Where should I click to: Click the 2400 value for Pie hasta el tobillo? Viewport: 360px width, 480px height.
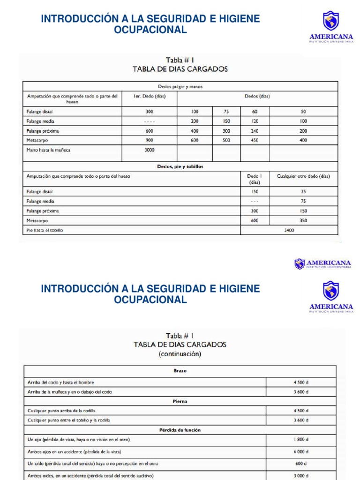click(289, 230)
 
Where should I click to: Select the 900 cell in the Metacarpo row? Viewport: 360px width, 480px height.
click(150, 140)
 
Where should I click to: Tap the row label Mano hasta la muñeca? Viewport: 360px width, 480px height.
click(48, 150)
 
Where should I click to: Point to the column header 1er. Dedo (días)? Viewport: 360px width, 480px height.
click(150, 97)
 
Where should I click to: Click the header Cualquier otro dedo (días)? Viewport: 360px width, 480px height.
click(303, 176)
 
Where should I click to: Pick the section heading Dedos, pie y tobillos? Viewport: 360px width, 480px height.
click(180, 166)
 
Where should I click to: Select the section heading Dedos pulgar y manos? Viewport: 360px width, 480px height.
click(180, 86)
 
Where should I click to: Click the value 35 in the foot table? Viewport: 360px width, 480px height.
click(303, 192)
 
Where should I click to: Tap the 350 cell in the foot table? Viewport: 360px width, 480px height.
click(303, 220)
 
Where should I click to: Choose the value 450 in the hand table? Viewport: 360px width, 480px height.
click(255, 140)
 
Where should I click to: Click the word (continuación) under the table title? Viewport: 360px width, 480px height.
click(180, 354)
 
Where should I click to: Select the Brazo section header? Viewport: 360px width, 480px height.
click(180, 370)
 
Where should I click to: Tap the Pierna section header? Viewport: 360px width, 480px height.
click(180, 401)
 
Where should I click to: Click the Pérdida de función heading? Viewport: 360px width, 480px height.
click(180, 429)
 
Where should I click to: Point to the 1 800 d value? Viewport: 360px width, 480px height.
click(300, 440)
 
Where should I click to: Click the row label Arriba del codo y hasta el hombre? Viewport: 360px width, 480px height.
click(63, 382)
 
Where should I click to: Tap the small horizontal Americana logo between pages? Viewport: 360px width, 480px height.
click(323, 264)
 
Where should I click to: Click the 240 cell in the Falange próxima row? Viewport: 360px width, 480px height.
click(255, 131)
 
